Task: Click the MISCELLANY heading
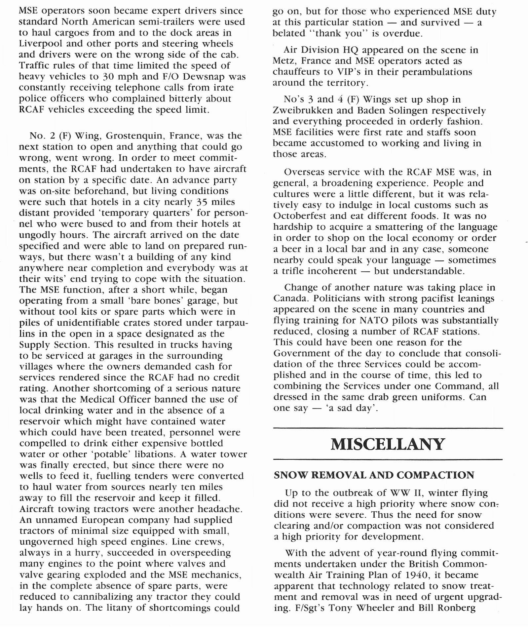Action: click(388, 444)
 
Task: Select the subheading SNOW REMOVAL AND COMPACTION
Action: click(374, 475)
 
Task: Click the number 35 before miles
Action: click(201, 202)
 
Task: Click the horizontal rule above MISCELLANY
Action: click(388, 428)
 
